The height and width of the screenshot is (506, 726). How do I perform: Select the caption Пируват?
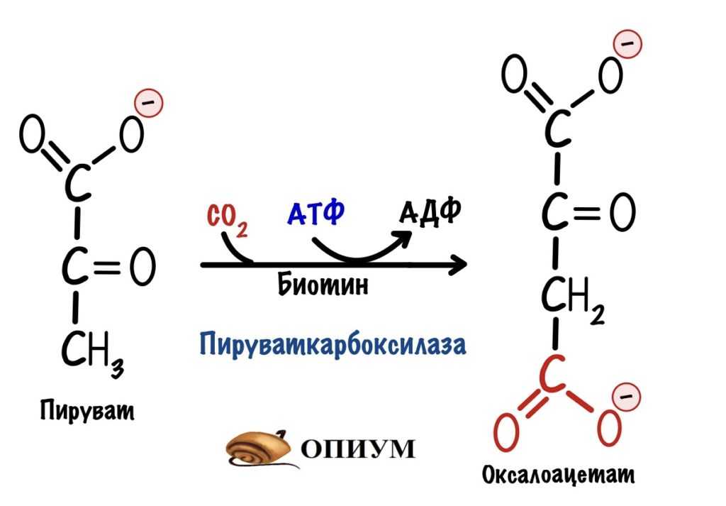click(x=86, y=410)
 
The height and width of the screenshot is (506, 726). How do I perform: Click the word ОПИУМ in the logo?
click(x=359, y=449)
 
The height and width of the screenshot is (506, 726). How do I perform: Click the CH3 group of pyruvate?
click(x=92, y=350)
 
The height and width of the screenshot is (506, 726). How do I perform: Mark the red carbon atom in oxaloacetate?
click(x=554, y=375)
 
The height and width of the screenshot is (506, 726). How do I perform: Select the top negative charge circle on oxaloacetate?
click(x=628, y=43)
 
